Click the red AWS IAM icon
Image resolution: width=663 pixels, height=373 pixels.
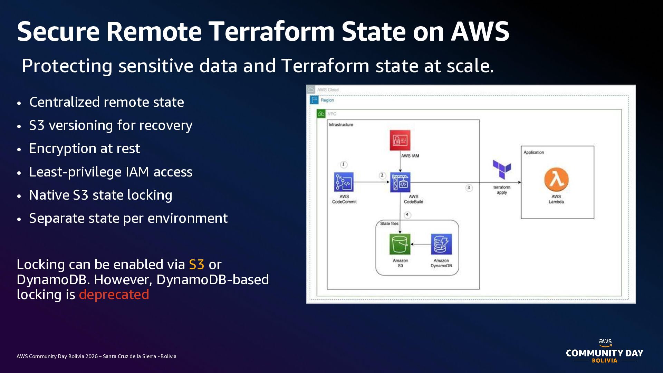coord(400,140)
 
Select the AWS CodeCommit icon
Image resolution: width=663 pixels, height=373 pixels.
coord(344,182)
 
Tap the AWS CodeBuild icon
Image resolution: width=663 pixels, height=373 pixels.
coord(400,182)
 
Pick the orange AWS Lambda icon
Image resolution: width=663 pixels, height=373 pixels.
coord(556,180)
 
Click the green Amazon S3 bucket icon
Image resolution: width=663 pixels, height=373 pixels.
coord(400,244)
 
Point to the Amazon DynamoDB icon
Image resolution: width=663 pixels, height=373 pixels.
coord(441,244)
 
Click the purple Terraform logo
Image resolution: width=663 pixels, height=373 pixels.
coord(502,169)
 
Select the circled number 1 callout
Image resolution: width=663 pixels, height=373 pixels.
coord(343,164)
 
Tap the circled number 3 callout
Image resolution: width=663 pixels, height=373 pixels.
coord(469,188)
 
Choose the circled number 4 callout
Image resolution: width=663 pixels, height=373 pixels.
coord(407,215)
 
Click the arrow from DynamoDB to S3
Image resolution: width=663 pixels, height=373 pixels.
coord(421,244)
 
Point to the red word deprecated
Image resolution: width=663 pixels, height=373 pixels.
coord(114,295)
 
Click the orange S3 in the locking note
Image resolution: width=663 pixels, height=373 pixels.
coord(196,265)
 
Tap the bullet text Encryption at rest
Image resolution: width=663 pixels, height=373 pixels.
coord(85,149)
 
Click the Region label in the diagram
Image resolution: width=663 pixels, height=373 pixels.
coord(327,100)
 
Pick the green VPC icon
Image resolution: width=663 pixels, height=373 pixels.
coord(321,114)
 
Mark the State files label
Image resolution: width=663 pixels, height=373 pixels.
coord(389,223)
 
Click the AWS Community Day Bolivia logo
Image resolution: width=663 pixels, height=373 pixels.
coord(604,351)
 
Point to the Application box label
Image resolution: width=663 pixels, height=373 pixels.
coord(534,152)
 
